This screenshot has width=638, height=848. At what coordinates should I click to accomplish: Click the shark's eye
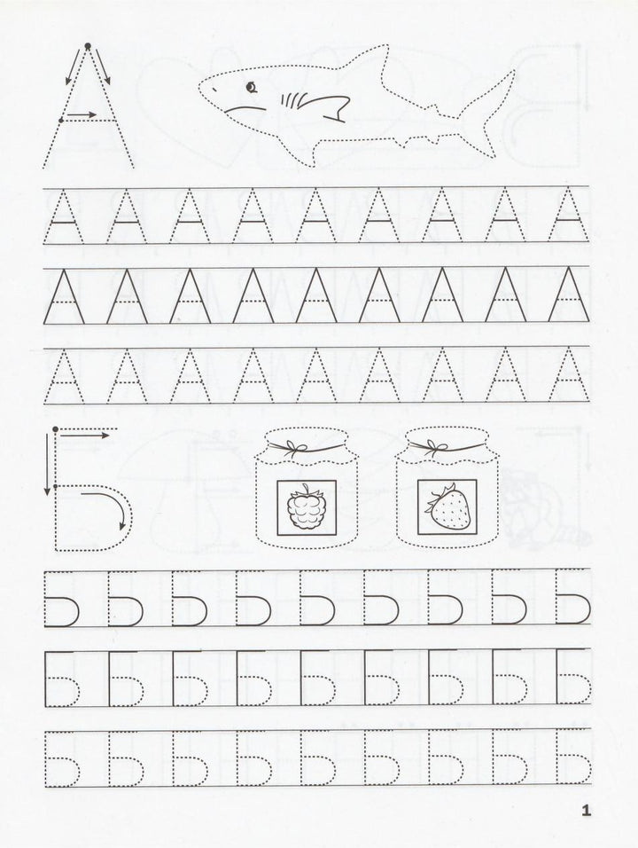click(250, 87)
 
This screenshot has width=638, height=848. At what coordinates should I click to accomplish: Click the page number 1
click(586, 811)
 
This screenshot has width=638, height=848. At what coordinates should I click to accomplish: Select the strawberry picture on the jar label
click(447, 506)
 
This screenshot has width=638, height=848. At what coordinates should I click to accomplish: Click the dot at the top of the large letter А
click(88, 46)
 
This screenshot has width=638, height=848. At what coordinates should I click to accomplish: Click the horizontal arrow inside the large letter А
click(82, 114)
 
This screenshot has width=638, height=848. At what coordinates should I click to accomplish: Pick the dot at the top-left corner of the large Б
click(56, 428)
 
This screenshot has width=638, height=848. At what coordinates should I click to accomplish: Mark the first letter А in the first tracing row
click(64, 216)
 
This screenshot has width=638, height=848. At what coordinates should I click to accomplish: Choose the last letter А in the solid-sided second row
click(569, 295)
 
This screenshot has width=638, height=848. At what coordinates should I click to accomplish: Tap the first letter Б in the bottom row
click(63, 758)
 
